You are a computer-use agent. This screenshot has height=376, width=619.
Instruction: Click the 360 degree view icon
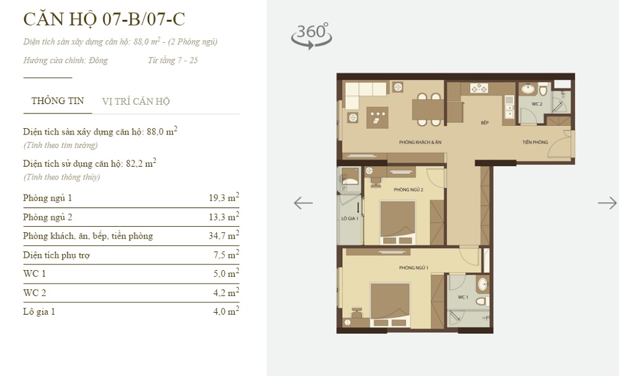[311, 35]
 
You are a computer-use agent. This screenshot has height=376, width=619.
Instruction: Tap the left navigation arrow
[303, 203]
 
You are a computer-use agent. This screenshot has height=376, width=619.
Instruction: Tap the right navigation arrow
[607, 203]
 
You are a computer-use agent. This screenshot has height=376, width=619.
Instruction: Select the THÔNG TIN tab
[58, 101]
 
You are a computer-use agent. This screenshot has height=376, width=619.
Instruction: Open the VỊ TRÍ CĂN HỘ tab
[136, 102]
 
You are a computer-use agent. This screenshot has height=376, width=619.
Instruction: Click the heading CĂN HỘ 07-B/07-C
[104, 19]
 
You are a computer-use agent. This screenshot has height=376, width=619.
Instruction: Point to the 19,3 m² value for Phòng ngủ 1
[223, 198]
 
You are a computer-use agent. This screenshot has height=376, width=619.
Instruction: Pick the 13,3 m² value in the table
[223, 217]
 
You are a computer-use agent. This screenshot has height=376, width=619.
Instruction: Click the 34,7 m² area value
[223, 236]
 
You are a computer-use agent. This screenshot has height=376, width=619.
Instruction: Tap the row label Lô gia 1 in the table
[39, 312]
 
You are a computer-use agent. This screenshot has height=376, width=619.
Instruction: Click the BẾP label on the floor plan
[485, 123]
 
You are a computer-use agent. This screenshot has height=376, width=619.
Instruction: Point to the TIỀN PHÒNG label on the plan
[535, 142]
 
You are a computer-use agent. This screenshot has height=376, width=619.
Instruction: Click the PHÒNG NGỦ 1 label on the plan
[414, 267]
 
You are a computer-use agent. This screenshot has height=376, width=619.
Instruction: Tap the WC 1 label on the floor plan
[462, 298]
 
